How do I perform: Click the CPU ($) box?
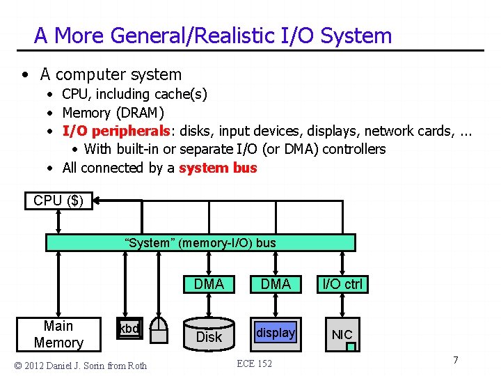coord(58,201)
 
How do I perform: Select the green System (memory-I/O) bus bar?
coord(200,242)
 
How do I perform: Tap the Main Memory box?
coord(58,334)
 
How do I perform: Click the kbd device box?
coord(129,329)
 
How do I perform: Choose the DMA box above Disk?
coord(209,284)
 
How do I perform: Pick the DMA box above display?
coord(276,284)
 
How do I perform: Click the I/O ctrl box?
coord(342,284)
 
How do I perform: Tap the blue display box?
coord(276,333)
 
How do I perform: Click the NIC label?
coord(342,334)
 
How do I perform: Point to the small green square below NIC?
coord(351,346)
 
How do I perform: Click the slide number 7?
coord(455,360)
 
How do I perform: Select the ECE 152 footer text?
coord(255,363)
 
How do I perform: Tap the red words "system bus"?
coord(218,168)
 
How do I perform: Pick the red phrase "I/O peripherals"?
coord(116,131)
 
